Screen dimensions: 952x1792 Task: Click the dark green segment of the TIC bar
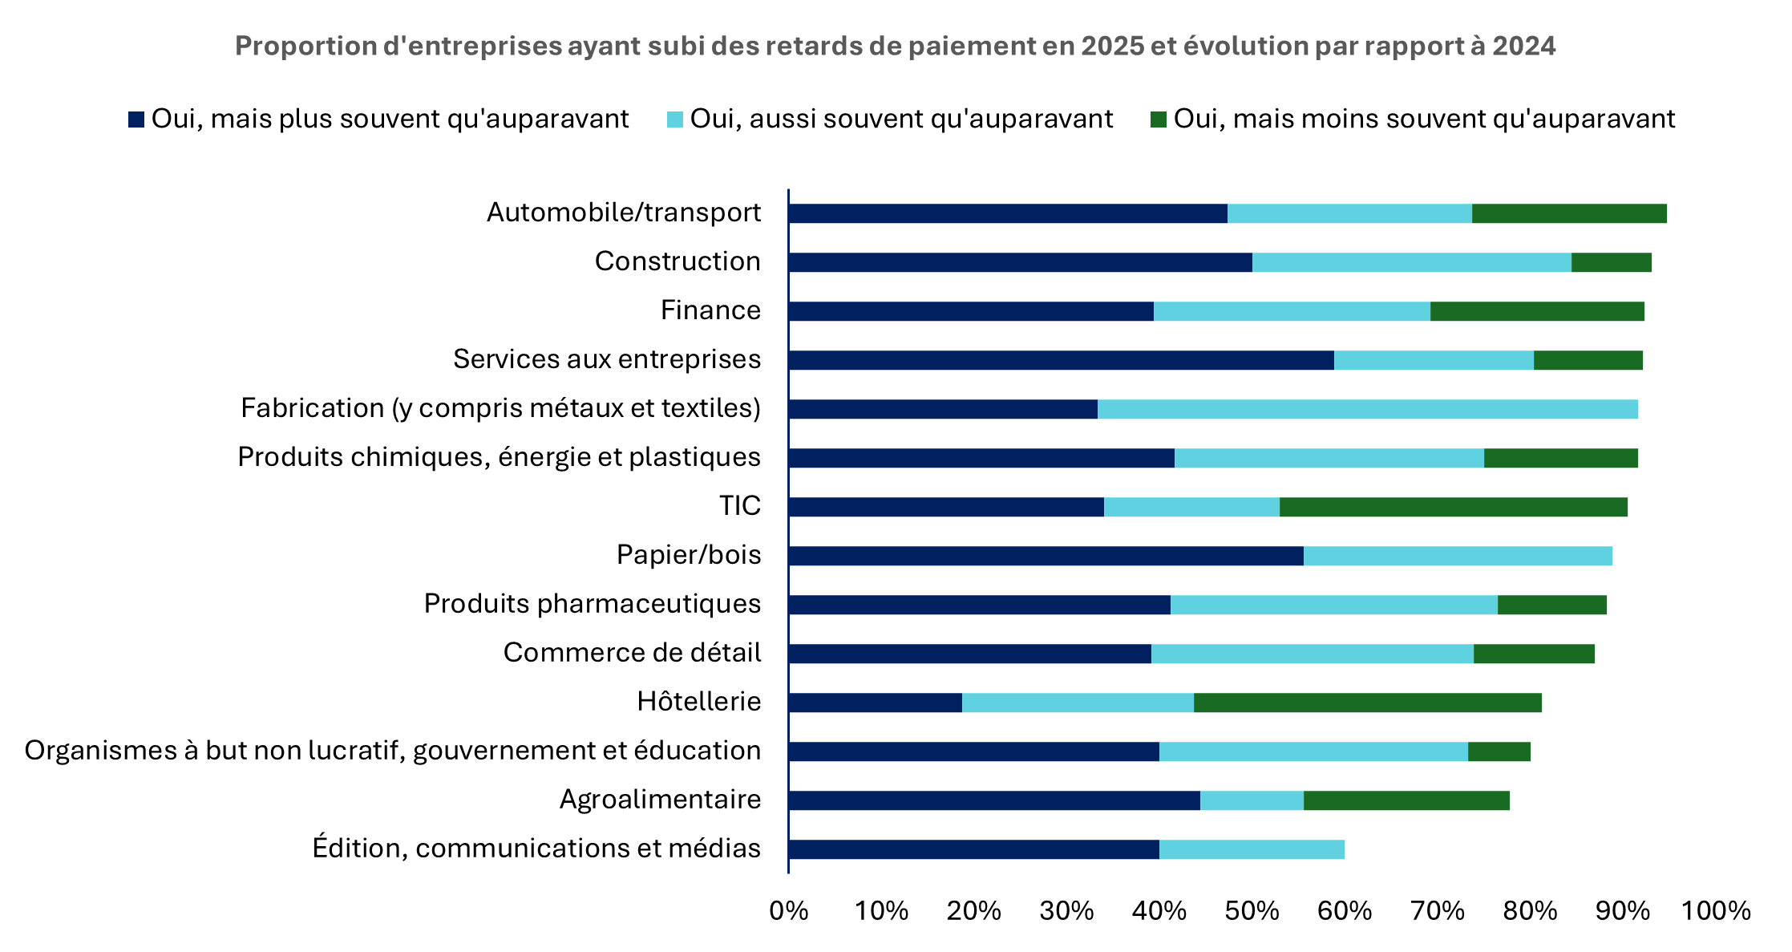1453,507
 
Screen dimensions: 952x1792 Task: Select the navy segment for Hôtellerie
875,703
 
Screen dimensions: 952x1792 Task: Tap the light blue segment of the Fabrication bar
1367,409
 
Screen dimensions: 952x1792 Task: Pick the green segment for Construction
1611,262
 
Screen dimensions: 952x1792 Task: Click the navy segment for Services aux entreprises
1061,360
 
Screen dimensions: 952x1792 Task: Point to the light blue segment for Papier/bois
1457,556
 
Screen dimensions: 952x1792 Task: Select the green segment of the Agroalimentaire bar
1406,800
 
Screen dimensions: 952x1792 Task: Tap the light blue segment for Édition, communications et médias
1252,849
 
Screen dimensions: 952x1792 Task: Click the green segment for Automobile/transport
1568,213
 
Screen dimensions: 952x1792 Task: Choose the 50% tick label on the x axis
1252,911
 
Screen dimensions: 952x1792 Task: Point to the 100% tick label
1715,911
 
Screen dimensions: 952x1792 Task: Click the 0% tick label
788,911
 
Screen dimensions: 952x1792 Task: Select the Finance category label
710,310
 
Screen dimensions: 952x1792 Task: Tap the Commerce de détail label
632,653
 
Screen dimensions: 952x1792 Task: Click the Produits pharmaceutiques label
592,604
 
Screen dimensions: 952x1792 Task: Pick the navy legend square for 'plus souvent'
136,120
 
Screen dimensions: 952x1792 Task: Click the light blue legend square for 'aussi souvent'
674,120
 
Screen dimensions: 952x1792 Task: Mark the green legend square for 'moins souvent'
1158,120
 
